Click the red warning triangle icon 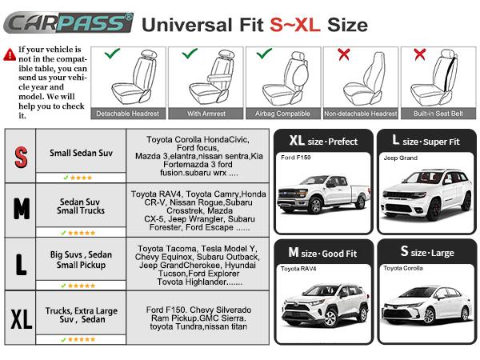click(10, 54)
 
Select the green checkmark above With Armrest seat click(190, 54)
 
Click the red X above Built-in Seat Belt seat click(418, 54)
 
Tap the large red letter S click(22, 155)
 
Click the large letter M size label click(22, 209)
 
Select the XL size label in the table click(22, 318)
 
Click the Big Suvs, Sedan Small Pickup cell click(81, 259)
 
